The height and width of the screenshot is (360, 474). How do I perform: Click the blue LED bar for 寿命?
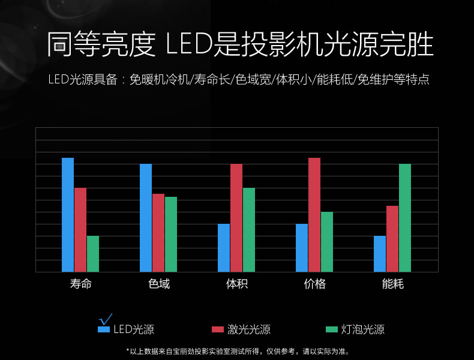[68, 215]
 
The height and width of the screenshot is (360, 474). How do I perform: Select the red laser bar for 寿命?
[80, 230]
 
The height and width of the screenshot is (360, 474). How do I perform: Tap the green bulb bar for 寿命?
[92, 254]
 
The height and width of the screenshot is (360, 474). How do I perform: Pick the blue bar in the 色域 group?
[146, 218]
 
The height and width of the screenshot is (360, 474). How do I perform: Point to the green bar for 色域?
[170, 234]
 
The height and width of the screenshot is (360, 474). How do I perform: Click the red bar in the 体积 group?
[236, 218]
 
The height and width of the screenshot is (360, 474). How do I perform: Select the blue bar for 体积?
[224, 248]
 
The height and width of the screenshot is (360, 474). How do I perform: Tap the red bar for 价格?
[314, 215]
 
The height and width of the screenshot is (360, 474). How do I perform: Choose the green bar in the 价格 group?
[326, 242]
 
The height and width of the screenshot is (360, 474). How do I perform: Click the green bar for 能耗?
[404, 218]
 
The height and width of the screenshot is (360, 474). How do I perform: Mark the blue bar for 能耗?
[380, 254]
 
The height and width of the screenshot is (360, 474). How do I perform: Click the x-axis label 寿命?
[81, 284]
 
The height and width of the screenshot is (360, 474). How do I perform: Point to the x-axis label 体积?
[237, 284]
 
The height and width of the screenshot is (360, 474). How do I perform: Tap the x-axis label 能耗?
[393, 284]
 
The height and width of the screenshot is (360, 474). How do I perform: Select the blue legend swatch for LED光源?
[104, 329]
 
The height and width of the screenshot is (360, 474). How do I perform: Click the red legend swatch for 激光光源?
[218, 329]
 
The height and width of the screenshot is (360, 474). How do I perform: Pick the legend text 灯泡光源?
[363, 329]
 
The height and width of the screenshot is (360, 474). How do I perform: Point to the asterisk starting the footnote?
[127, 350]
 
